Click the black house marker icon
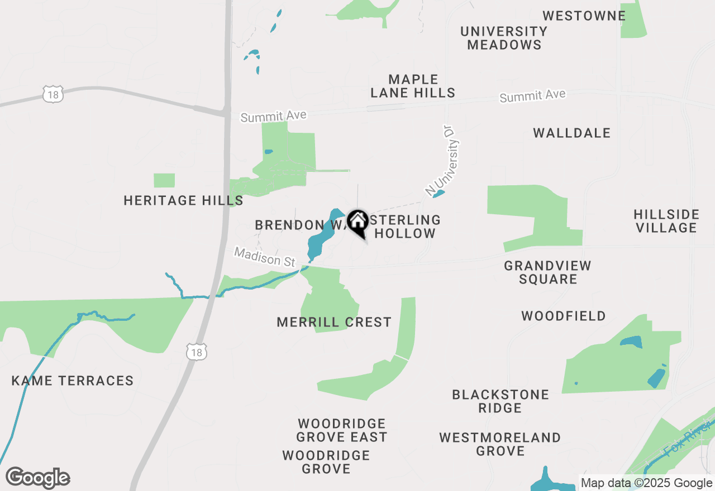point(357,223)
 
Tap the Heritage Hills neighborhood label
point(183,200)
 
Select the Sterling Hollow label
point(405,227)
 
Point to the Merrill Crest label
point(334,322)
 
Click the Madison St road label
point(264,257)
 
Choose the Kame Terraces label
point(73,381)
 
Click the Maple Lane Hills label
point(413,86)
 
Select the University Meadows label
point(504,38)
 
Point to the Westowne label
point(584,16)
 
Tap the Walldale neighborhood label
point(571,133)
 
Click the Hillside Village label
point(666,221)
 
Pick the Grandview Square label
point(547,272)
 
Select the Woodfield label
point(563,316)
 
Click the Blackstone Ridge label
point(500,401)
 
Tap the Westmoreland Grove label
point(500,444)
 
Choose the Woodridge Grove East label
point(342,430)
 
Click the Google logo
point(37,478)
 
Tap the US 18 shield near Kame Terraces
point(197,352)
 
